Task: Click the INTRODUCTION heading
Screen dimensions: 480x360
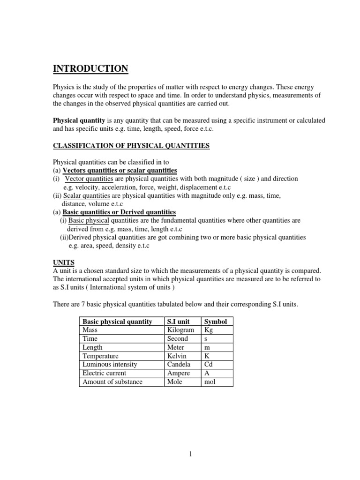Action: point(90,69)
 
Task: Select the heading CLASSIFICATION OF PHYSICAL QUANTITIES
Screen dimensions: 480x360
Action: point(131,146)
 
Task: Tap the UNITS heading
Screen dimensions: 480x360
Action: point(63,262)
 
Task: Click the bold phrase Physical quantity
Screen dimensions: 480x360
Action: point(78,120)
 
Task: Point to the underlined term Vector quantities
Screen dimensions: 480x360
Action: point(89,179)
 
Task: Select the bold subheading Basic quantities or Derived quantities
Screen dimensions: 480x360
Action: point(119,212)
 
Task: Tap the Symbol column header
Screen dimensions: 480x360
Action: point(215,322)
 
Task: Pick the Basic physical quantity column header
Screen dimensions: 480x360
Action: point(117,322)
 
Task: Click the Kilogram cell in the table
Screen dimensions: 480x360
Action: point(180,330)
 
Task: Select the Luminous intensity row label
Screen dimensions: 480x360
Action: point(110,364)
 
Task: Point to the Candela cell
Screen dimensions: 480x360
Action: point(179,364)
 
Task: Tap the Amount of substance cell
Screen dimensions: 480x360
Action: point(112,382)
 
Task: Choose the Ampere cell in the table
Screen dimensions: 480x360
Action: point(179,373)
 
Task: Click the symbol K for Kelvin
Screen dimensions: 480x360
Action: point(207,356)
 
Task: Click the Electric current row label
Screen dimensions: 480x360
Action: point(105,373)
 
